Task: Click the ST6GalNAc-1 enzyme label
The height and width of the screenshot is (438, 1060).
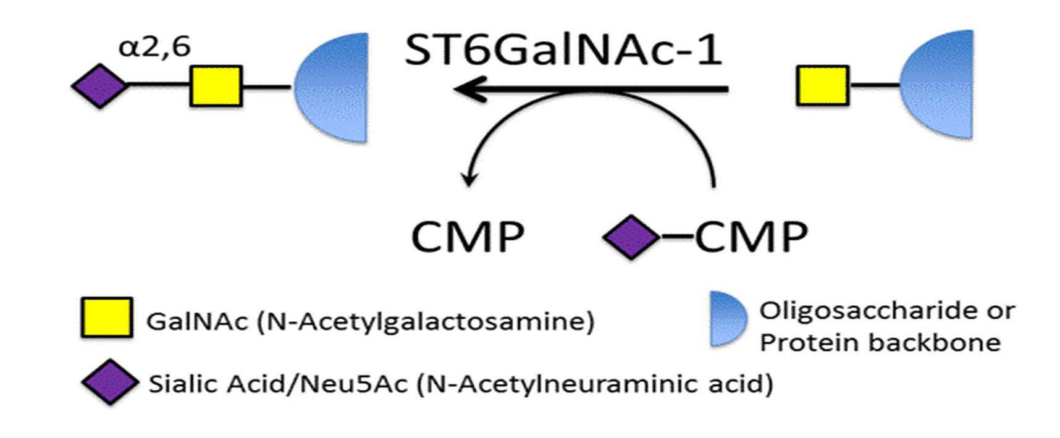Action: (x=563, y=50)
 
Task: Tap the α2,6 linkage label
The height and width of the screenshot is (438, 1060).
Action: (x=154, y=46)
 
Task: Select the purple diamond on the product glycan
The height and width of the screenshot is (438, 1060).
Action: (x=100, y=86)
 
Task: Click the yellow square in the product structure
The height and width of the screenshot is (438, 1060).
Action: (x=216, y=86)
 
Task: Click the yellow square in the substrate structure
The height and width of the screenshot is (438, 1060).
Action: (x=822, y=86)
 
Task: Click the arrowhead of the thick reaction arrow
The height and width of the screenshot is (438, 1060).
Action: (x=465, y=90)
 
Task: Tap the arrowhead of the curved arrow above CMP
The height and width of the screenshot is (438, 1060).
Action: (x=470, y=180)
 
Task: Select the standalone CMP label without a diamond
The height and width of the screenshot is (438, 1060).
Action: (x=468, y=237)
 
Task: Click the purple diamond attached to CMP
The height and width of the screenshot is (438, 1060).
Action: (x=631, y=237)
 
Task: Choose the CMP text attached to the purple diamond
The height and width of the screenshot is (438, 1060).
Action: (x=751, y=237)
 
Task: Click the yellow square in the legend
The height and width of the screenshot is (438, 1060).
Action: (x=106, y=318)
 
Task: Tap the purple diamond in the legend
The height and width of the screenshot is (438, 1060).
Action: (x=110, y=382)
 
